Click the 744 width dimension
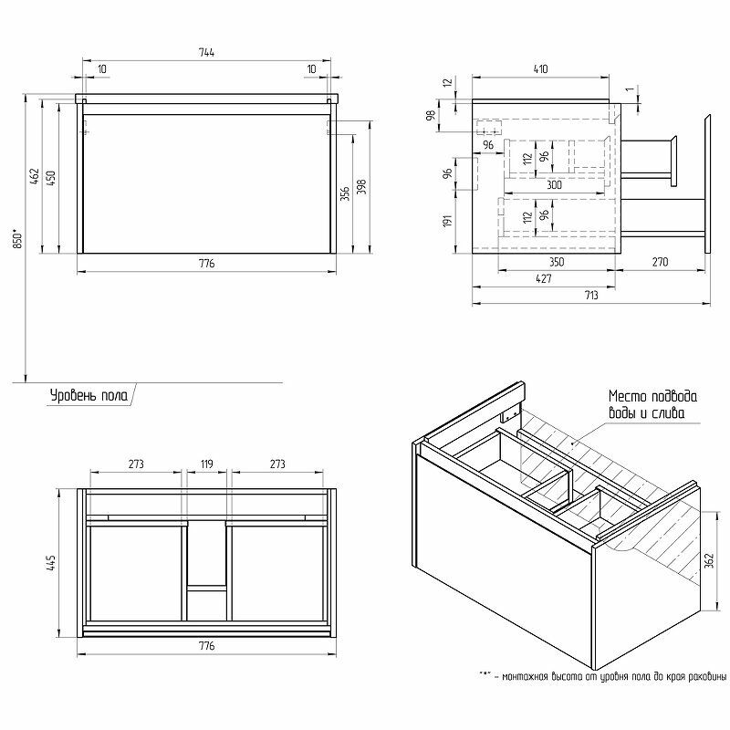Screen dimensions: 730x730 (x=206, y=53)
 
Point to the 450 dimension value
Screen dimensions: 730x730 (x=52, y=176)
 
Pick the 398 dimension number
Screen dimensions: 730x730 (x=362, y=186)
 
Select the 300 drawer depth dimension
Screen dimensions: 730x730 (x=554, y=185)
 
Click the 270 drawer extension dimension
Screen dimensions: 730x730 (x=661, y=263)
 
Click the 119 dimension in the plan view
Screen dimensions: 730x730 (x=206, y=465)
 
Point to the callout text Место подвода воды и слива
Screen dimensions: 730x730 (x=652, y=405)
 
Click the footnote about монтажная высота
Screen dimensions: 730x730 (x=602, y=676)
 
